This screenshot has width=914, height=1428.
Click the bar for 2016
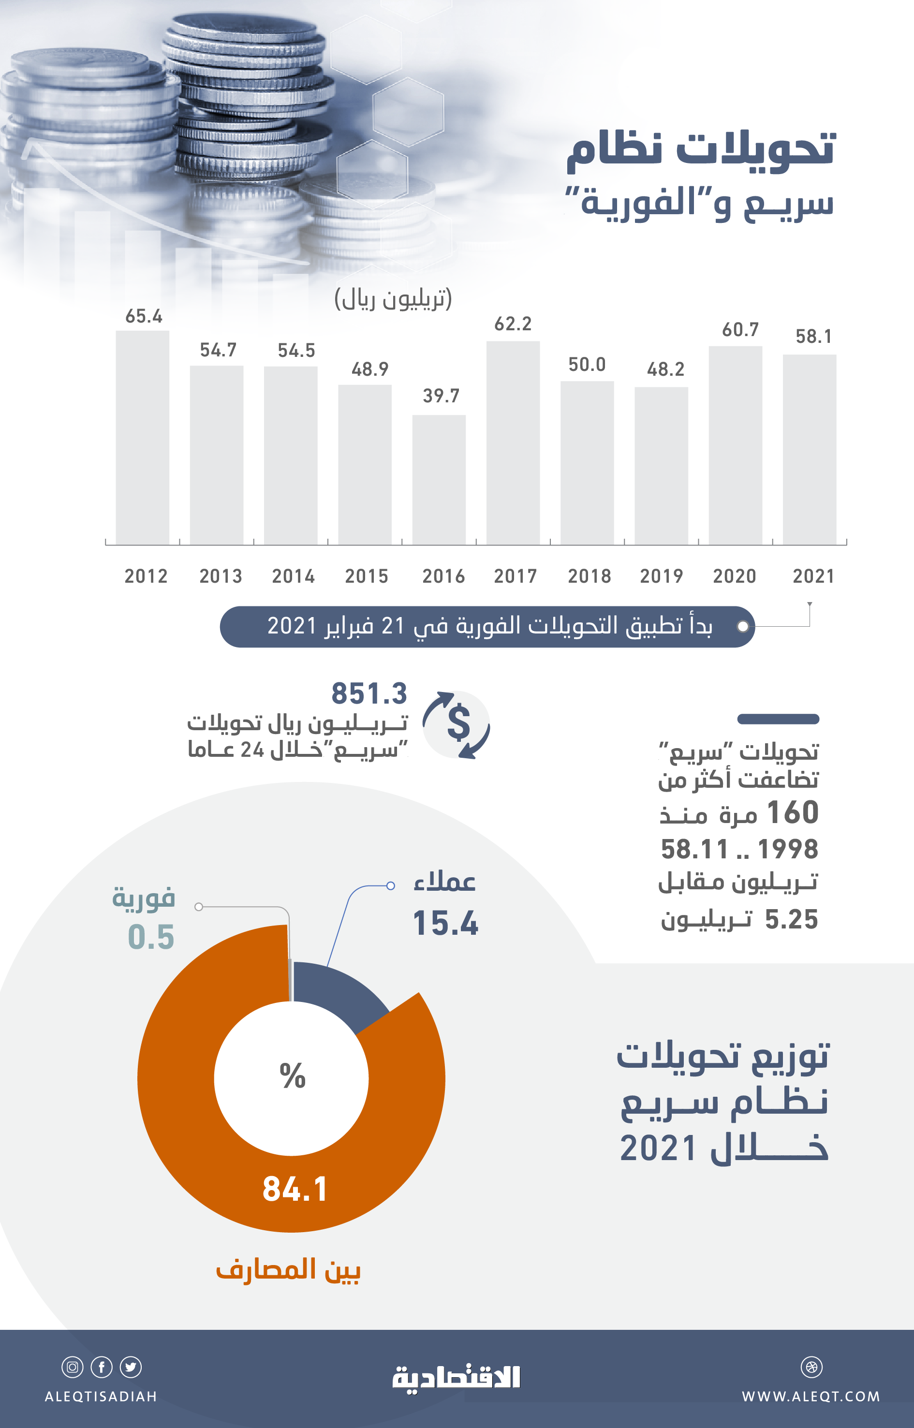pyautogui.click(x=439, y=480)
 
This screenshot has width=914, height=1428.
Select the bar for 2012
pyautogui.click(x=143, y=438)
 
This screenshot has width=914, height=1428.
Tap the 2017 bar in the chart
pyautogui.click(x=513, y=443)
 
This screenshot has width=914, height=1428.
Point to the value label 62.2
pyautogui.click(x=513, y=324)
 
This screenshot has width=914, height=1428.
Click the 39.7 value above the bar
pyautogui.click(x=441, y=396)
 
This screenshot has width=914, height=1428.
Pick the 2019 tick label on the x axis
pyautogui.click(x=661, y=576)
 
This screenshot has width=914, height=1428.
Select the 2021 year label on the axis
pyautogui.click(x=813, y=576)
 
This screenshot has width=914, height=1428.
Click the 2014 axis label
pyautogui.click(x=293, y=576)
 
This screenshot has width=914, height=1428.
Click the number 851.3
pyautogui.click(x=369, y=693)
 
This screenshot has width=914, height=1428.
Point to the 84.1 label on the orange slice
pyautogui.click(x=295, y=1190)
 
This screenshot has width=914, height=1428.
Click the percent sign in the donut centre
pyautogui.click(x=293, y=1075)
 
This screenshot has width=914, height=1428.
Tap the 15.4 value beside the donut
pyautogui.click(x=445, y=924)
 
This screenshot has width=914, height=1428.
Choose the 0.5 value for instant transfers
pyautogui.click(x=151, y=937)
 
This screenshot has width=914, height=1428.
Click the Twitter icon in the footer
pyautogui.click(x=131, y=1367)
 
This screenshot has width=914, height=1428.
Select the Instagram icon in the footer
pyautogui.click(x=73, y=1367)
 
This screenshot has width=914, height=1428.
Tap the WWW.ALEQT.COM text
pyautogui.click(x=811, y=1397)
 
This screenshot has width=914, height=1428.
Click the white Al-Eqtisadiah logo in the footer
pyautogui.click(x=457, y=1378)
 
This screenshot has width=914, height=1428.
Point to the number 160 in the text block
pyautogui.click(x=792, y=812)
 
